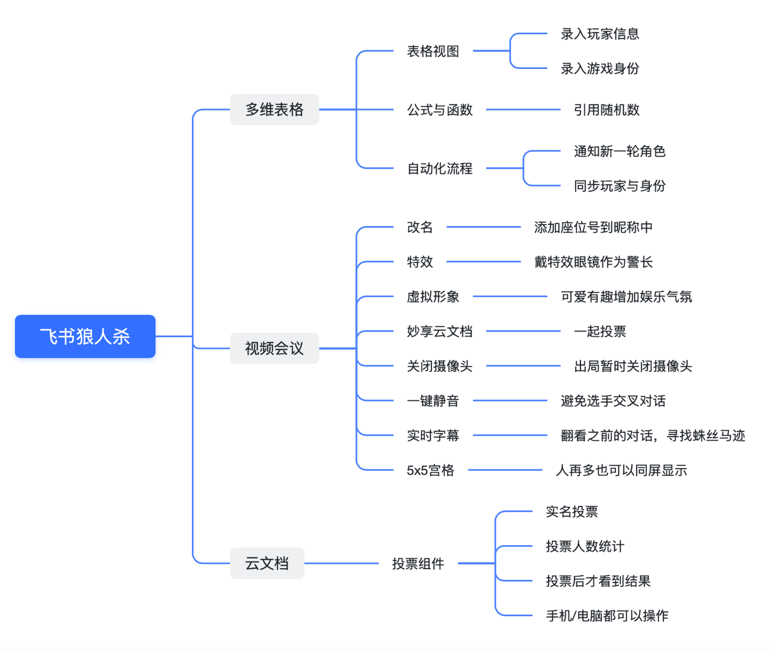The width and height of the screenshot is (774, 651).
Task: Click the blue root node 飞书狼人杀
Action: pyautogui.click(x=85, y=336)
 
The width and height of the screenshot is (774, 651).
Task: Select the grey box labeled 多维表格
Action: pyautogui.click(x=274, y=110)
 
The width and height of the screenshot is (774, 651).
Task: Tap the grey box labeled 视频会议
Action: pyautogui.click(x=274, y=348)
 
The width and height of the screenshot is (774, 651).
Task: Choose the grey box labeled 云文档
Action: pyautogui.click(x=267, y=563)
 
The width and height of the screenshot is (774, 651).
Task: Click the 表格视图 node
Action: pyautogui.click(x=433, y=51)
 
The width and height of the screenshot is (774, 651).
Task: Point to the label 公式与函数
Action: pyautogui.click(x=440, y=110)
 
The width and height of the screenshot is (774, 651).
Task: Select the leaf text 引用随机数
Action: pyautogui.click(x=606, y=110)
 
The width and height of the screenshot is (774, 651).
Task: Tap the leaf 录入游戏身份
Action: pyautogui.click(x=600, y=68)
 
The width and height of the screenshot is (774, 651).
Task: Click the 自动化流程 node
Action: pyautogui.click(x=440, y=169)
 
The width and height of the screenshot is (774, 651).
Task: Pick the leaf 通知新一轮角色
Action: pyautogui.click(x=620, y=151)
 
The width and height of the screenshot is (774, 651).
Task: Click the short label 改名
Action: pyautogui.click(x=420, y=227)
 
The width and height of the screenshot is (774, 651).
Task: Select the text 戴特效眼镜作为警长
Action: pyautogui.click(x=593, y=262)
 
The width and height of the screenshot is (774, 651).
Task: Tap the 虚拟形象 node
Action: pyautogui.click(x=433, y=297)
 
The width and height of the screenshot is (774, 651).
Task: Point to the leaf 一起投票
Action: pyautogui.click(x=600, y=331)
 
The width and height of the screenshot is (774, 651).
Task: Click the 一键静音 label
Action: pyautogui.click(x=433, y=401)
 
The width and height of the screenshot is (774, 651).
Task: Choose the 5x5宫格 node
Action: pyautogui.click(x=430, y=470)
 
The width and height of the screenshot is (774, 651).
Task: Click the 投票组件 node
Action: pyautogui.click(x=418, y=564)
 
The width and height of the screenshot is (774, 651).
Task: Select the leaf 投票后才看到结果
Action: pyautogui.click(x=598, y=581)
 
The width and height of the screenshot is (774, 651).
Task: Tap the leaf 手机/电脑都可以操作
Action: pyautogui.click(x=607, y=616)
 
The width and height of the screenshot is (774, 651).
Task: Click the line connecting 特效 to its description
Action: pyautogui.click(x=483, y=262)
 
